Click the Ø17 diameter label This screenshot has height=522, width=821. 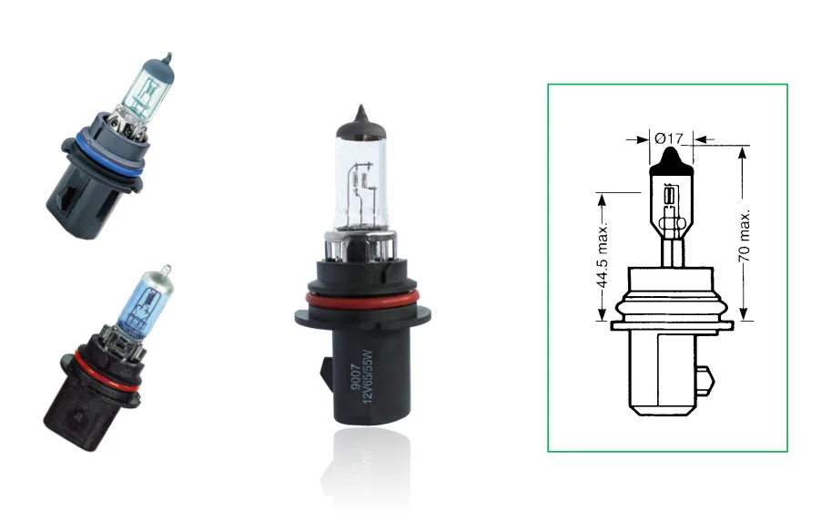pos(669,138)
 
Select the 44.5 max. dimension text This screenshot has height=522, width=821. pos(602,258)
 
